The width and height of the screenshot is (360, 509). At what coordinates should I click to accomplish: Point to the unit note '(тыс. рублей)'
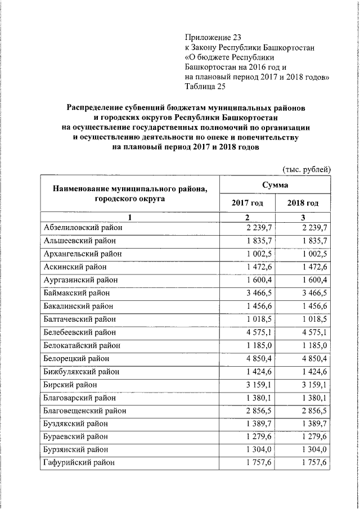click(306, 168)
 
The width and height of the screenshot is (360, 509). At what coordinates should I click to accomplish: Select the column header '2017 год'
click(247, 202)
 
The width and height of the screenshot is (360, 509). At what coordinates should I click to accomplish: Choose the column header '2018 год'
click(303, 202)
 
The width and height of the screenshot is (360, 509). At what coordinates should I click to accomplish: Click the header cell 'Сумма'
click(274, 185)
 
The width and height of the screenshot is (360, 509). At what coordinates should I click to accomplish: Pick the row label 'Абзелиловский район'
click(82, 227)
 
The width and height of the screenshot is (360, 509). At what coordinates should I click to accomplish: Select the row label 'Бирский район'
click(69, 385)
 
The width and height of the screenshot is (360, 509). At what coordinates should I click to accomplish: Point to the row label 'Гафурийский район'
click(78, 463)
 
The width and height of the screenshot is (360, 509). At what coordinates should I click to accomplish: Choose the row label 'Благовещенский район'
click(84, 411)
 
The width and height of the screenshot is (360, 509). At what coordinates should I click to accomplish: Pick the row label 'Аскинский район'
click(74, 267)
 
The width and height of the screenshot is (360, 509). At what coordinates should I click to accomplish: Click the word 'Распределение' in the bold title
click(99, 106)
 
